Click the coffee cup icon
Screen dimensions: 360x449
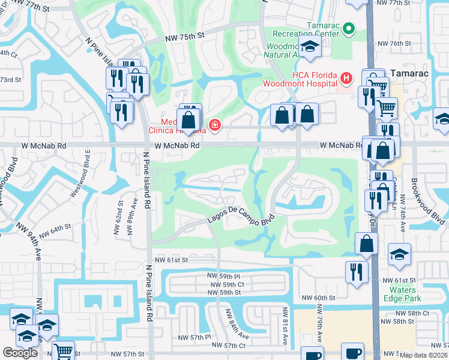[x=352, y=353]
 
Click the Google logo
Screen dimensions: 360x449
[x=20, y=353]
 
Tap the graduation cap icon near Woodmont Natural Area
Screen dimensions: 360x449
[x=310, y=47]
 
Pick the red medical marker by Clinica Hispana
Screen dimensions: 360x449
[x=214, y=125]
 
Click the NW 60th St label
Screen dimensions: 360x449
[x=318, y=298]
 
